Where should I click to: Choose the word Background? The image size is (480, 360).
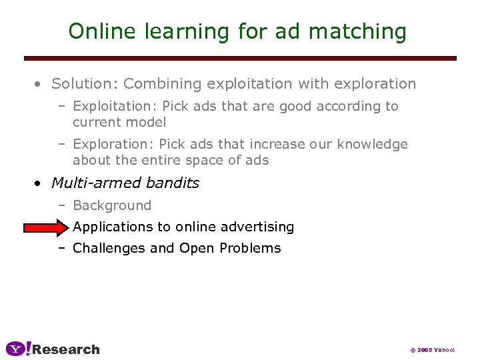click(x=112, y=205)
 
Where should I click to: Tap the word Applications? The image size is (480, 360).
click(x=113, y=227)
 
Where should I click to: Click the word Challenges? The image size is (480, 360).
click(x=109, y=249)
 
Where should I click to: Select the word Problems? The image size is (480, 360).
click(x=254, y=249)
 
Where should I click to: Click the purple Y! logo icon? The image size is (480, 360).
click(x=18, y=349)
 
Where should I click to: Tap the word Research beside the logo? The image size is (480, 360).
click(x=66, y=349)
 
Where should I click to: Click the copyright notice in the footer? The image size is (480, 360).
click(x=432, y=350)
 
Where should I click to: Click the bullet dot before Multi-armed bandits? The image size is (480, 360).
click(x=39, y=183)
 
